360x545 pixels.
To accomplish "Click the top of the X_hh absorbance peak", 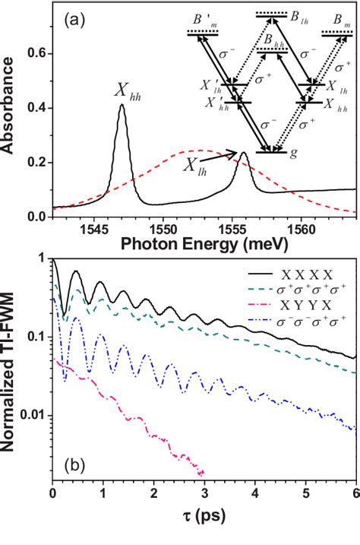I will (122, 106).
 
